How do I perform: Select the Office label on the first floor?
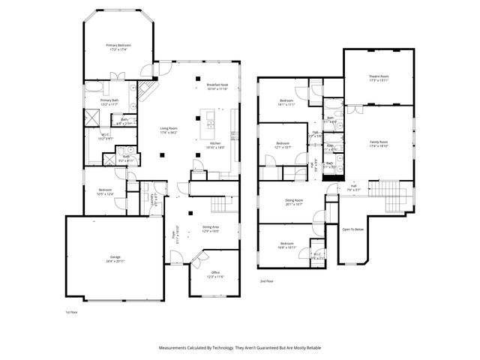coord(216,274)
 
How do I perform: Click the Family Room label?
coord(378,143)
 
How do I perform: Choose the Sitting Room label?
coord(293,202)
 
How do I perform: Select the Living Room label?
coord(168,130)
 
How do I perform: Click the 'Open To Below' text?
coord(352,229)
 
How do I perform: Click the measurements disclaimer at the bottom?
coord(239,347)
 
